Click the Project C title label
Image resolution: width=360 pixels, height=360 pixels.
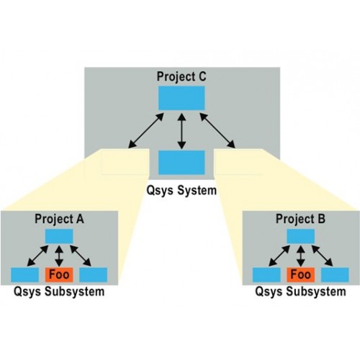(x=181, y=77)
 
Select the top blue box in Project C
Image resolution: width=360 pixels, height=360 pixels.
(x=181, y=98)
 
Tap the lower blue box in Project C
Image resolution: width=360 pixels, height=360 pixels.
(x=181, y=163)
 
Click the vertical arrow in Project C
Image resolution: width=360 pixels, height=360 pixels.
(x=181, y=131)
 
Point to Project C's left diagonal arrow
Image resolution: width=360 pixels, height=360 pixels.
(x=146, y=130)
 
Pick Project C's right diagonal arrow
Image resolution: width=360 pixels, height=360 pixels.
(x=217, y=130)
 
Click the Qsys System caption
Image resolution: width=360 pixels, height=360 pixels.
(x=181, y=191)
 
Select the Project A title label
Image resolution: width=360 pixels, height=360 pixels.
(x=59, y=219)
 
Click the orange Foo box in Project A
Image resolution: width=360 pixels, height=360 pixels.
(x=59, y=274)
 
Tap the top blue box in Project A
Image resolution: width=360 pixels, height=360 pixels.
(x=59, y=236)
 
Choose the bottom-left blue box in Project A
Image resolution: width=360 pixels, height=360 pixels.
(x=24, y=275)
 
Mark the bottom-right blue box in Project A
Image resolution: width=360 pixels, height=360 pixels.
(x=93, y=275)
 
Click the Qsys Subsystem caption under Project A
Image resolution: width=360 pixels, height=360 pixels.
(x=59, y=292)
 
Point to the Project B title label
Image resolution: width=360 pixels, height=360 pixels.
(x=300, y=219)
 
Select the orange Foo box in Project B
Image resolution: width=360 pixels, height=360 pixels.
(x=301, y=274)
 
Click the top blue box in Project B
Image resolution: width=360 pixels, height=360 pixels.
(x=301, y=236)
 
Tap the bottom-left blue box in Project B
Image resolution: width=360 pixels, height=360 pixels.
(x=266, y=275)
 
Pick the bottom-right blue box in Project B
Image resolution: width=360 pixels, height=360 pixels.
(x=335, y=275)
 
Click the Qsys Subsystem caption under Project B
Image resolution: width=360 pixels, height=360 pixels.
(x=300, y=292)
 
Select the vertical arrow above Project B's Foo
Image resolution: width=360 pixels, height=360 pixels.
(x=301, y=256)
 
